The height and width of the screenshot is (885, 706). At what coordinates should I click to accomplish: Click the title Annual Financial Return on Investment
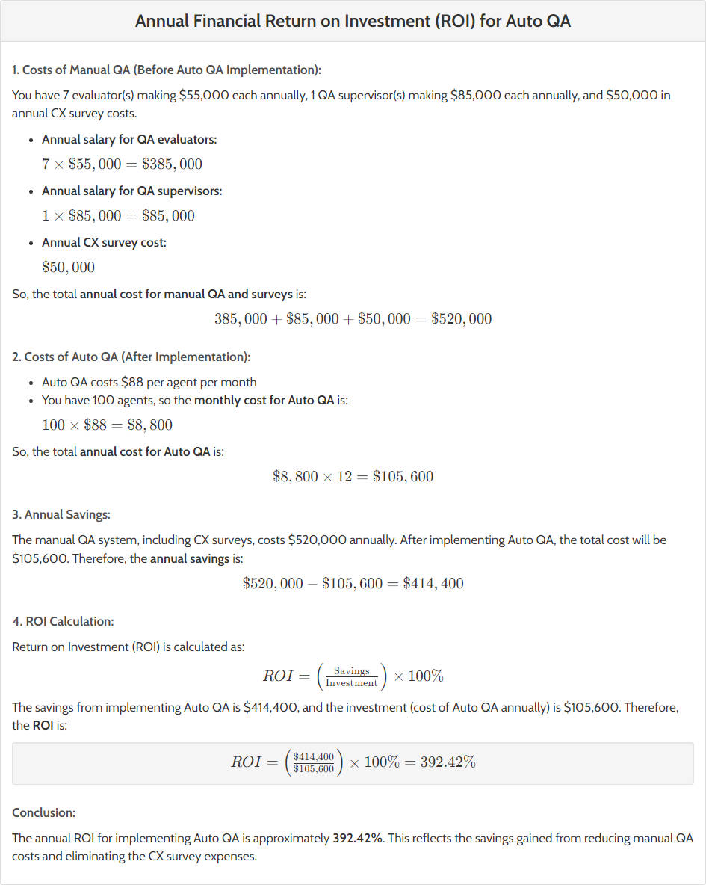pyautogui.click(x=353, y=21)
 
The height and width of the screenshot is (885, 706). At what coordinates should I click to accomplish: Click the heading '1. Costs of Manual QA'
pyautogui.click(x=167, y=70)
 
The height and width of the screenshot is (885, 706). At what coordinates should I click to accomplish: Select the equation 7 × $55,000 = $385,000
pyautogui.click(x=122, y=164)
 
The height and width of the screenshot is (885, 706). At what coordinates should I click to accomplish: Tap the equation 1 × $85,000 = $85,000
pyautogui.click(x=118, y=216)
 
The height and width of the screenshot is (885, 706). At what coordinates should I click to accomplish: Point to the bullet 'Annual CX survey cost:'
pyautogui.click(x=104, y=242)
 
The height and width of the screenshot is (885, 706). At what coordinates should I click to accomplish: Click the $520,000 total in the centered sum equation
pyautogui.click(x=461, y=319)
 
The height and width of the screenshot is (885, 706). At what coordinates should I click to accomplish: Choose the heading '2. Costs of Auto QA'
pyautogui.click(x=131, y=357)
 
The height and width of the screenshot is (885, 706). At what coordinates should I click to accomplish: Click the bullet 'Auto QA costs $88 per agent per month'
pyautogui.click(x=149, y=382)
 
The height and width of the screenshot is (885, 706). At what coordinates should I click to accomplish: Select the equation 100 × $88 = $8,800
pyautogui.click(x=107, y=425)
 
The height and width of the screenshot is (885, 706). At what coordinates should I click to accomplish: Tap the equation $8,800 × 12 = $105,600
pyautogui.click(x=353, y=477)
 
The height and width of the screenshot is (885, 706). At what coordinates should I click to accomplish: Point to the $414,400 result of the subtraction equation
pyautogui.click(x=433, y=584)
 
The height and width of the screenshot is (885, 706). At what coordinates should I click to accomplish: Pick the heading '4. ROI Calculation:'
pyautogui.click(x=63, y=621)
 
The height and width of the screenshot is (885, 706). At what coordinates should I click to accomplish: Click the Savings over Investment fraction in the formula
pyautogui.click(x=351, y=676)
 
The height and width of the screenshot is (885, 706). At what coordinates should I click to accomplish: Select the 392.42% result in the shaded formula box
pyautogui.click(x=448, y=762)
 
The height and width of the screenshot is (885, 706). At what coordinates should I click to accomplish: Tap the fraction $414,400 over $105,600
pyautogui.click(x=314, y=762)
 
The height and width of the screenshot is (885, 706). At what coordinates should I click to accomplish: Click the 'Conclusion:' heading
pyautogui.click(x=43, y=812)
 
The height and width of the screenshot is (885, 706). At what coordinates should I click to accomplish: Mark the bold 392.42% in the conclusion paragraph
pyautogui.click(x=357, y=838)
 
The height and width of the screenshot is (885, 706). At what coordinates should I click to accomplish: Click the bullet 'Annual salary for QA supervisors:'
pyautogui.click(x=131, y=191)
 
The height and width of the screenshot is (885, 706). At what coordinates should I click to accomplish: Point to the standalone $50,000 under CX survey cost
pyautogui.click(x=68, y=268)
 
